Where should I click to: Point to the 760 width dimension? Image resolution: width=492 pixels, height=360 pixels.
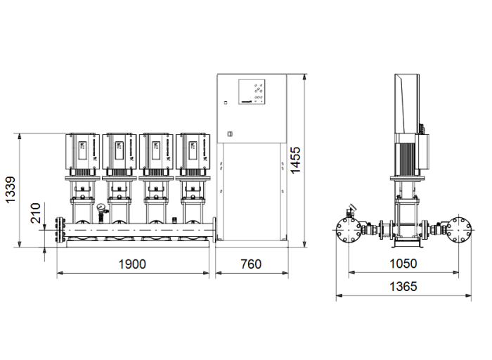pyautogui.click(x=250, y=264)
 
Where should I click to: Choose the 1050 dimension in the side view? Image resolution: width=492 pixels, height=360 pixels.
pyautogui.click(x=403, y=264)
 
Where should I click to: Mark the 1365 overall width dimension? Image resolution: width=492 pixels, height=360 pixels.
pyautogui.click(x=403, y=286)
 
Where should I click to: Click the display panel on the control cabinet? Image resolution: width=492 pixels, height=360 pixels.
pyautogui.click(x=252, y=92)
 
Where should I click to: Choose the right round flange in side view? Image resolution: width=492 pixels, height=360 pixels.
pyautogui.click(x=461, y=230)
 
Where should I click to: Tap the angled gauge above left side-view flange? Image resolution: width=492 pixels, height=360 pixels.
pyautogui.click(x=351, y=210)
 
